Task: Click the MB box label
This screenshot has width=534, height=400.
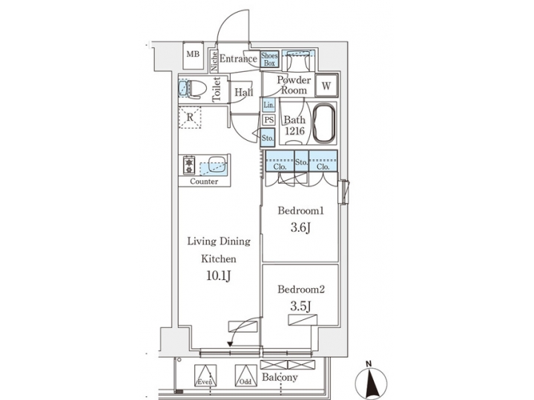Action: click(x=193, y=55)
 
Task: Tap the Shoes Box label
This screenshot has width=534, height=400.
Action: click(x=268, y=59)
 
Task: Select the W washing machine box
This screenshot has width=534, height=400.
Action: click(x=325, y=86)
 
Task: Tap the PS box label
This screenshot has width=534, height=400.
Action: click(x=268, y=121)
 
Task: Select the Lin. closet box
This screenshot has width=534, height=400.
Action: click(x=268, y=105)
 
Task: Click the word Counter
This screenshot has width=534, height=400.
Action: click(x=204, y=181)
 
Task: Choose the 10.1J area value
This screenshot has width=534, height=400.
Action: click(x=220, y=278)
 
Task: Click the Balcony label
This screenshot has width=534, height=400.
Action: click(x=280, y=378)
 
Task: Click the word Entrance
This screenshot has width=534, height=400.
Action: click(x=238, y=59)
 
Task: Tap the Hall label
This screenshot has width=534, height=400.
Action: click(x=243, y=93)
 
